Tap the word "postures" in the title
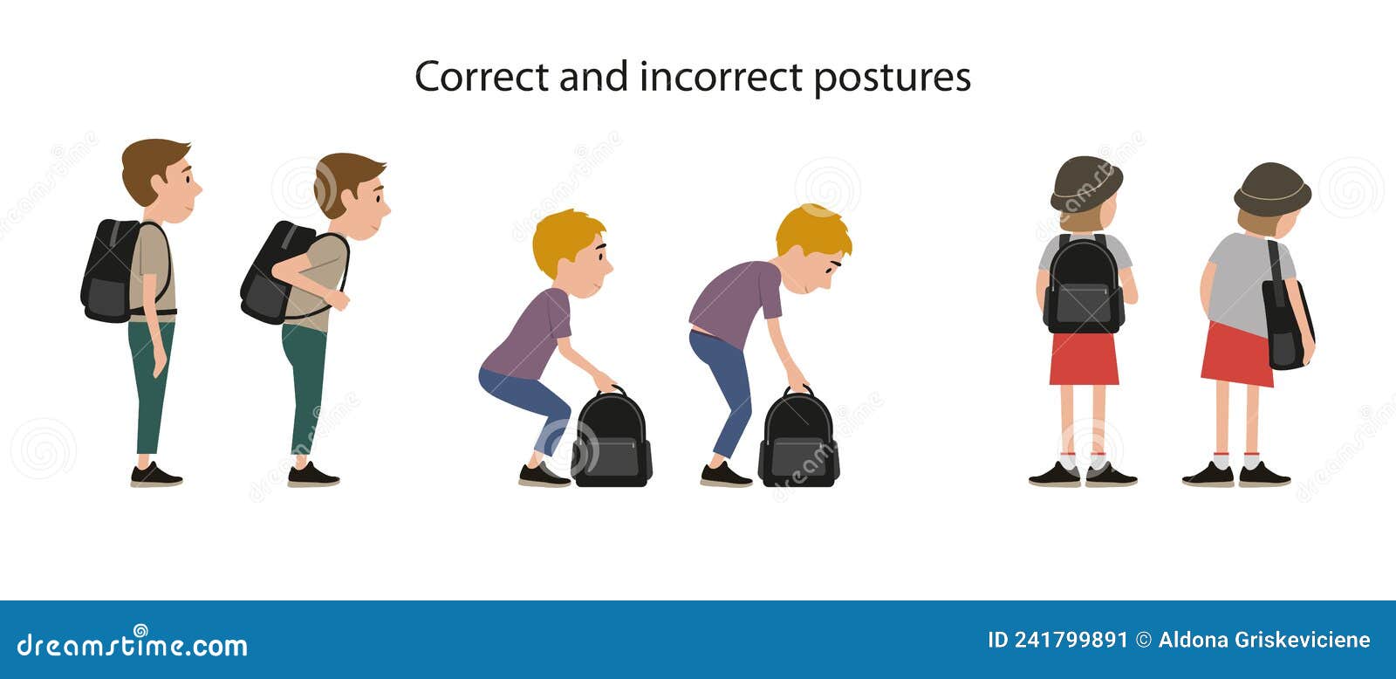[892, 79]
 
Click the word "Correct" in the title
[482, 77]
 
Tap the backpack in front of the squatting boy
[612, 439]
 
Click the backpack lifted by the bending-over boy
[798, 439]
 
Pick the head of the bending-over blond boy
[813, 244]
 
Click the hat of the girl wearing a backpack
[1085, 182]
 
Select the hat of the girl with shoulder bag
[1272, 188]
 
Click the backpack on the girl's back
[1084, 285]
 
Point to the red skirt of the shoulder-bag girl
[1237, 354]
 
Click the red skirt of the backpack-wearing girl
[1084, 359]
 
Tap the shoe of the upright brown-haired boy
[156, 476]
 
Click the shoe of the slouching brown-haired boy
[312, 476]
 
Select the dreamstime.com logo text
[133, 645]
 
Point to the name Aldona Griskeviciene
[1264, 641]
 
